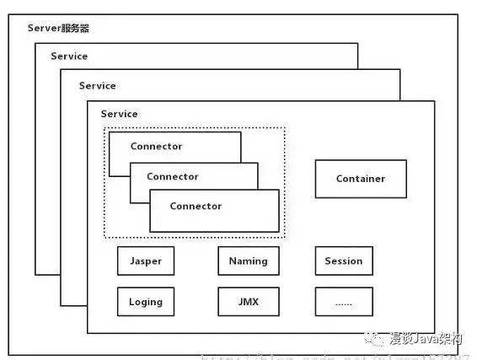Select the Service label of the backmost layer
pyautogui.click(x=68, y=56)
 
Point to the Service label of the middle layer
pyautogui.click(x=97, y=86)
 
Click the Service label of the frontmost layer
pyautogui.click(x=119, y=114)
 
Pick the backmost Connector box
pyautogui.click(x=156, y=146)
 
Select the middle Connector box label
pyautogui.click(x=173, y=177)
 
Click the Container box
pyautogui.click(x=360, y=179)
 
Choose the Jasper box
pyautogui.click(x=145, y=261)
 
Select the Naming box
pyautogui.click(x=248, y=261)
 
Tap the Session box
pyautogui.click(x=343, y=261)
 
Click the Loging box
pyautogui.click(x=145, y=301)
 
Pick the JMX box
pyautogui.click(x=248, y=301)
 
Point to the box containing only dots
pyautogui.click(x=343, y=301)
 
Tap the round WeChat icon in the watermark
pyautogui.click(x=372, y=340)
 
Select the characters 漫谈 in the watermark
pyautogui.click(x=398, y=340)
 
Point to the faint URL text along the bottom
pyautogui.click(x=278, y=355)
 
